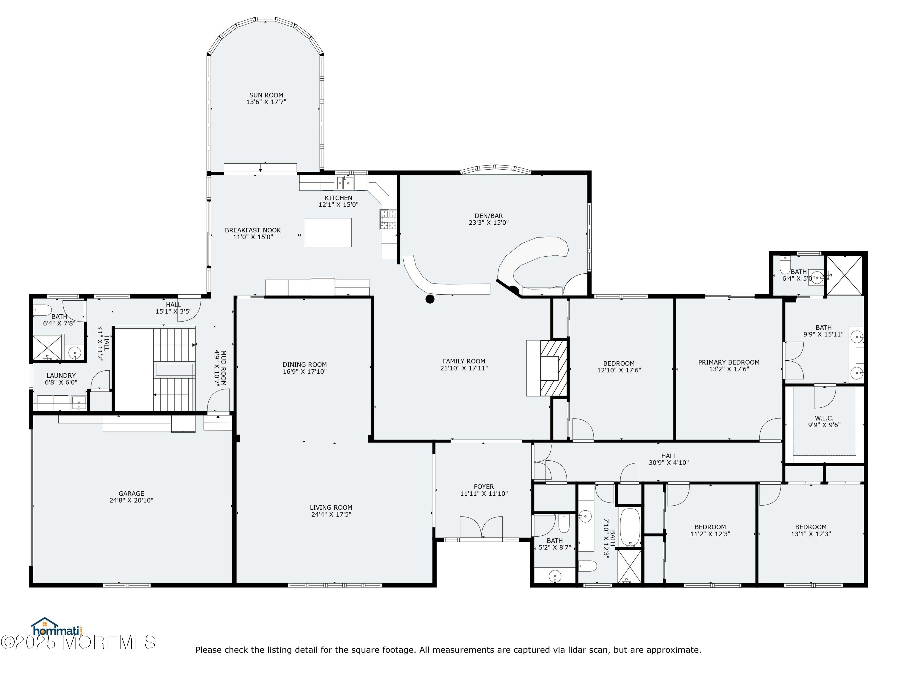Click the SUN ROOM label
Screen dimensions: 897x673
point(266,95)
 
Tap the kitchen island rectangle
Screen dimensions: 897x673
point(328,232)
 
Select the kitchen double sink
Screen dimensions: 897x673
point(346,183)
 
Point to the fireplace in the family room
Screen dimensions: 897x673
point(553,368)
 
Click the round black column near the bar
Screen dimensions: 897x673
point(430,299)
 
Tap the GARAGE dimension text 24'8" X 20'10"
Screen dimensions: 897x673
point(131,500)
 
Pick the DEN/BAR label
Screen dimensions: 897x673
point(489,216)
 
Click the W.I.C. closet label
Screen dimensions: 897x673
point(824,418)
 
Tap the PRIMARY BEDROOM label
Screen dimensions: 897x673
point(729,362)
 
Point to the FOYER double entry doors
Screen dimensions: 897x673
point(481,527)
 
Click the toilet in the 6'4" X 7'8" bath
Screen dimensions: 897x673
point(42,310)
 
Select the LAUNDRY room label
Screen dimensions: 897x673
point(61,376)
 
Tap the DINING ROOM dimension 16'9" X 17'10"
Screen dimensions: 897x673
point(305,371)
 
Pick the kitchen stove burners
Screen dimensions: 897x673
point(388,220)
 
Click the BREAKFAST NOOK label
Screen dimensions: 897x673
point(253,230)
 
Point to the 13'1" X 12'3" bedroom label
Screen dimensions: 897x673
point(811,527)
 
